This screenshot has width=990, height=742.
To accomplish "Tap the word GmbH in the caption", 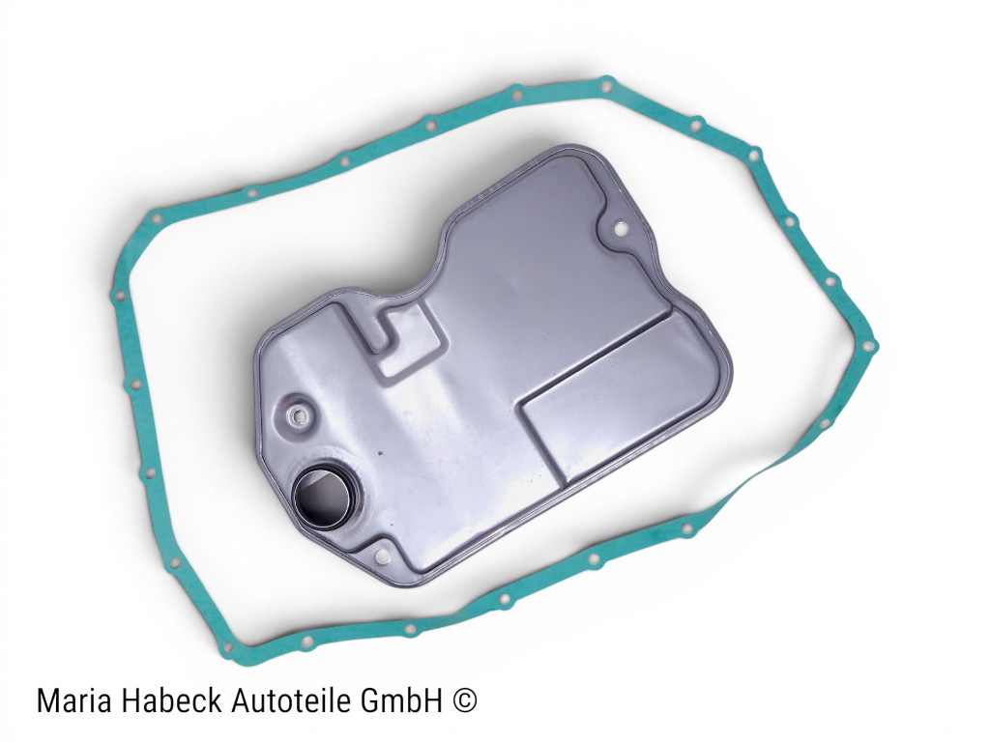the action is [x=402, y=700].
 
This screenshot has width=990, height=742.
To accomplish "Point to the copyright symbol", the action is [x=465, y=701].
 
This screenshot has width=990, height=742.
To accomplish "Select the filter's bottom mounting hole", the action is [x=381, y=556].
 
